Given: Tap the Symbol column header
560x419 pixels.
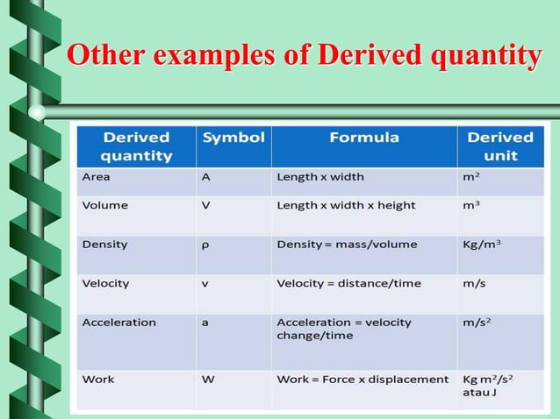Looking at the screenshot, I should (233, 138).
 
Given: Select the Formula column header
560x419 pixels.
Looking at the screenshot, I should (364, 138).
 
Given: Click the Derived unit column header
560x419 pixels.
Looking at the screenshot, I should (499, 146).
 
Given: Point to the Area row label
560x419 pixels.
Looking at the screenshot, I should (96, 176).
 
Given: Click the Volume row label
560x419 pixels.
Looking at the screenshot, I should (104, 205).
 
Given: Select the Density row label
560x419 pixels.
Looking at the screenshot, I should (104, 244).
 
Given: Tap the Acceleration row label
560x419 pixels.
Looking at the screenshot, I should (118, 322).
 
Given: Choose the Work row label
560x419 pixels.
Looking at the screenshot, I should (97, 380).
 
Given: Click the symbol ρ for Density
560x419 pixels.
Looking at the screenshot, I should (205, 245).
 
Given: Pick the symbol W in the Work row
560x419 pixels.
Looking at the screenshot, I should (208, 380).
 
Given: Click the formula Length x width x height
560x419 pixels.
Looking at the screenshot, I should (346, 205).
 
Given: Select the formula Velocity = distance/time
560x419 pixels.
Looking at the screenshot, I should (348, 283).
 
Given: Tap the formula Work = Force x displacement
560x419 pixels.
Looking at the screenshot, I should (363, 380).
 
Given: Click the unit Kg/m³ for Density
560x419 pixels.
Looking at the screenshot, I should (482, 244).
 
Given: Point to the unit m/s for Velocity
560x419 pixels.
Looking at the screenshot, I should (475, 283).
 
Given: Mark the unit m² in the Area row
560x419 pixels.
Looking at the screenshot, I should (471, 176).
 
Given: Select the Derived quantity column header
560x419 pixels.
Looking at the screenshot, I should (136, 146).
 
